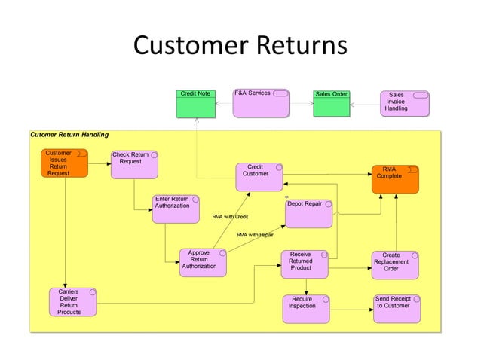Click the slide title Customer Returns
click(x=240, y=46)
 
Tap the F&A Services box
click(x=261, y=103)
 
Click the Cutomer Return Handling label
click(x=69, y=135)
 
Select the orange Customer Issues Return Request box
click(x=64, y=163)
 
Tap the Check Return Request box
click(x=134, y=165)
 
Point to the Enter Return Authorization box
click(x=176, y=209)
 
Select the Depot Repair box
click(x=308, y=213)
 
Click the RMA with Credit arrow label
click(x=230, y=217)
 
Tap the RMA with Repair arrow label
click(x=255, y=235)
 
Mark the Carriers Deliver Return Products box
click(x=73, y=301)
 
